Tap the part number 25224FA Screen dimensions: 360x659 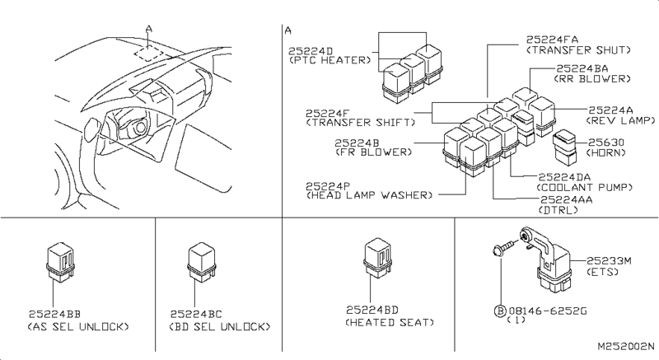554,38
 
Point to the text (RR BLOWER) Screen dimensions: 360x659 591,79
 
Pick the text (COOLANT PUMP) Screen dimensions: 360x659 575,186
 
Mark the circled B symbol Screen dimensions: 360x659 499,310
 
